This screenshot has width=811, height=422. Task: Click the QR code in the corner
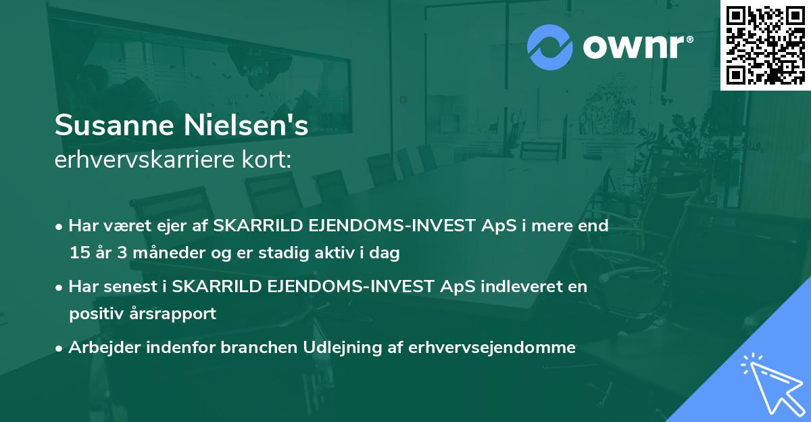pos(766,45)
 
